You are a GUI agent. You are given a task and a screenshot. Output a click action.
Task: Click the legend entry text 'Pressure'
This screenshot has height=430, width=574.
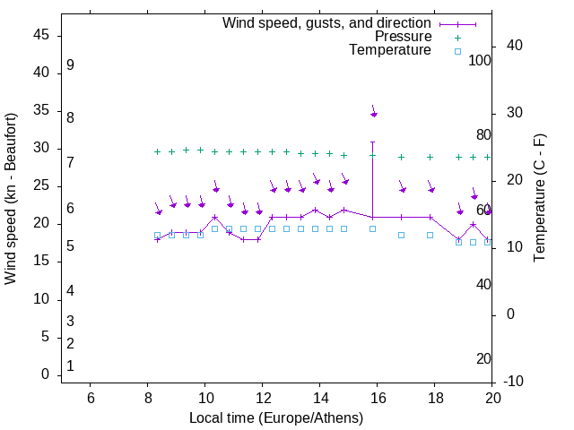(x=403, y=37)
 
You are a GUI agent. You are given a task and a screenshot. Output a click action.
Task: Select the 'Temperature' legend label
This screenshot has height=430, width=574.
(x=390, y=50)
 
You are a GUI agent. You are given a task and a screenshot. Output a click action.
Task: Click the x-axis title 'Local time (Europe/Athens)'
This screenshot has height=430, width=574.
(x=276, y=418)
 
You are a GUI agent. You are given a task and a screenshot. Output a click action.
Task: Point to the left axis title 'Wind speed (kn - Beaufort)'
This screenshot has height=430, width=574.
(x=11, y=199)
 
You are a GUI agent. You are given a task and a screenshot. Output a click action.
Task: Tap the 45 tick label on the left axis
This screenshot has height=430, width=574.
(x=41, y=35)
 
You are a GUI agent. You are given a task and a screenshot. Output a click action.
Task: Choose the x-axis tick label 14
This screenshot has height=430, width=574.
(x=320, y=398)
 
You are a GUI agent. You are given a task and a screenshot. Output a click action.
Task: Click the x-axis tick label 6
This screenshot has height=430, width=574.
(x=90, y=398)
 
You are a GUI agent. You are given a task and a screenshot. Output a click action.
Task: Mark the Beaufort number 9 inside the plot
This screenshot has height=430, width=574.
(x=70, y=65)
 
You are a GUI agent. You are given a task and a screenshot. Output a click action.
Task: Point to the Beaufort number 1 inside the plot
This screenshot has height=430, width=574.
(x=70, y=366)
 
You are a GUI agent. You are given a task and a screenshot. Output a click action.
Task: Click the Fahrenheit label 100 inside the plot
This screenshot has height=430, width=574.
(x=481, y=60)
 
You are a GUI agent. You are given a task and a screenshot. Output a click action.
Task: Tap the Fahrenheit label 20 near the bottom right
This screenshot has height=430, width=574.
(x=483, y=358)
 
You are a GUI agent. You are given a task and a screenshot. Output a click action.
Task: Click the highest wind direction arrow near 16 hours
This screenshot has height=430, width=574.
(x=373, y=111)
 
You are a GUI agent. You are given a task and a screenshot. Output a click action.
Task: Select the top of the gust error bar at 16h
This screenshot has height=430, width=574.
(x=373, y=142)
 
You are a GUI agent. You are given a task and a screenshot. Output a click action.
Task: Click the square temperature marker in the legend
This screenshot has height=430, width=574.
(x=457, y=51)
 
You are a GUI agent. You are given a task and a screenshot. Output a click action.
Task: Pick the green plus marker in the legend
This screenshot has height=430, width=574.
(x=457, y=38)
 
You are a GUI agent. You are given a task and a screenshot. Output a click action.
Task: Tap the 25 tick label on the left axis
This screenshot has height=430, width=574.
(x=41, y=185)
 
